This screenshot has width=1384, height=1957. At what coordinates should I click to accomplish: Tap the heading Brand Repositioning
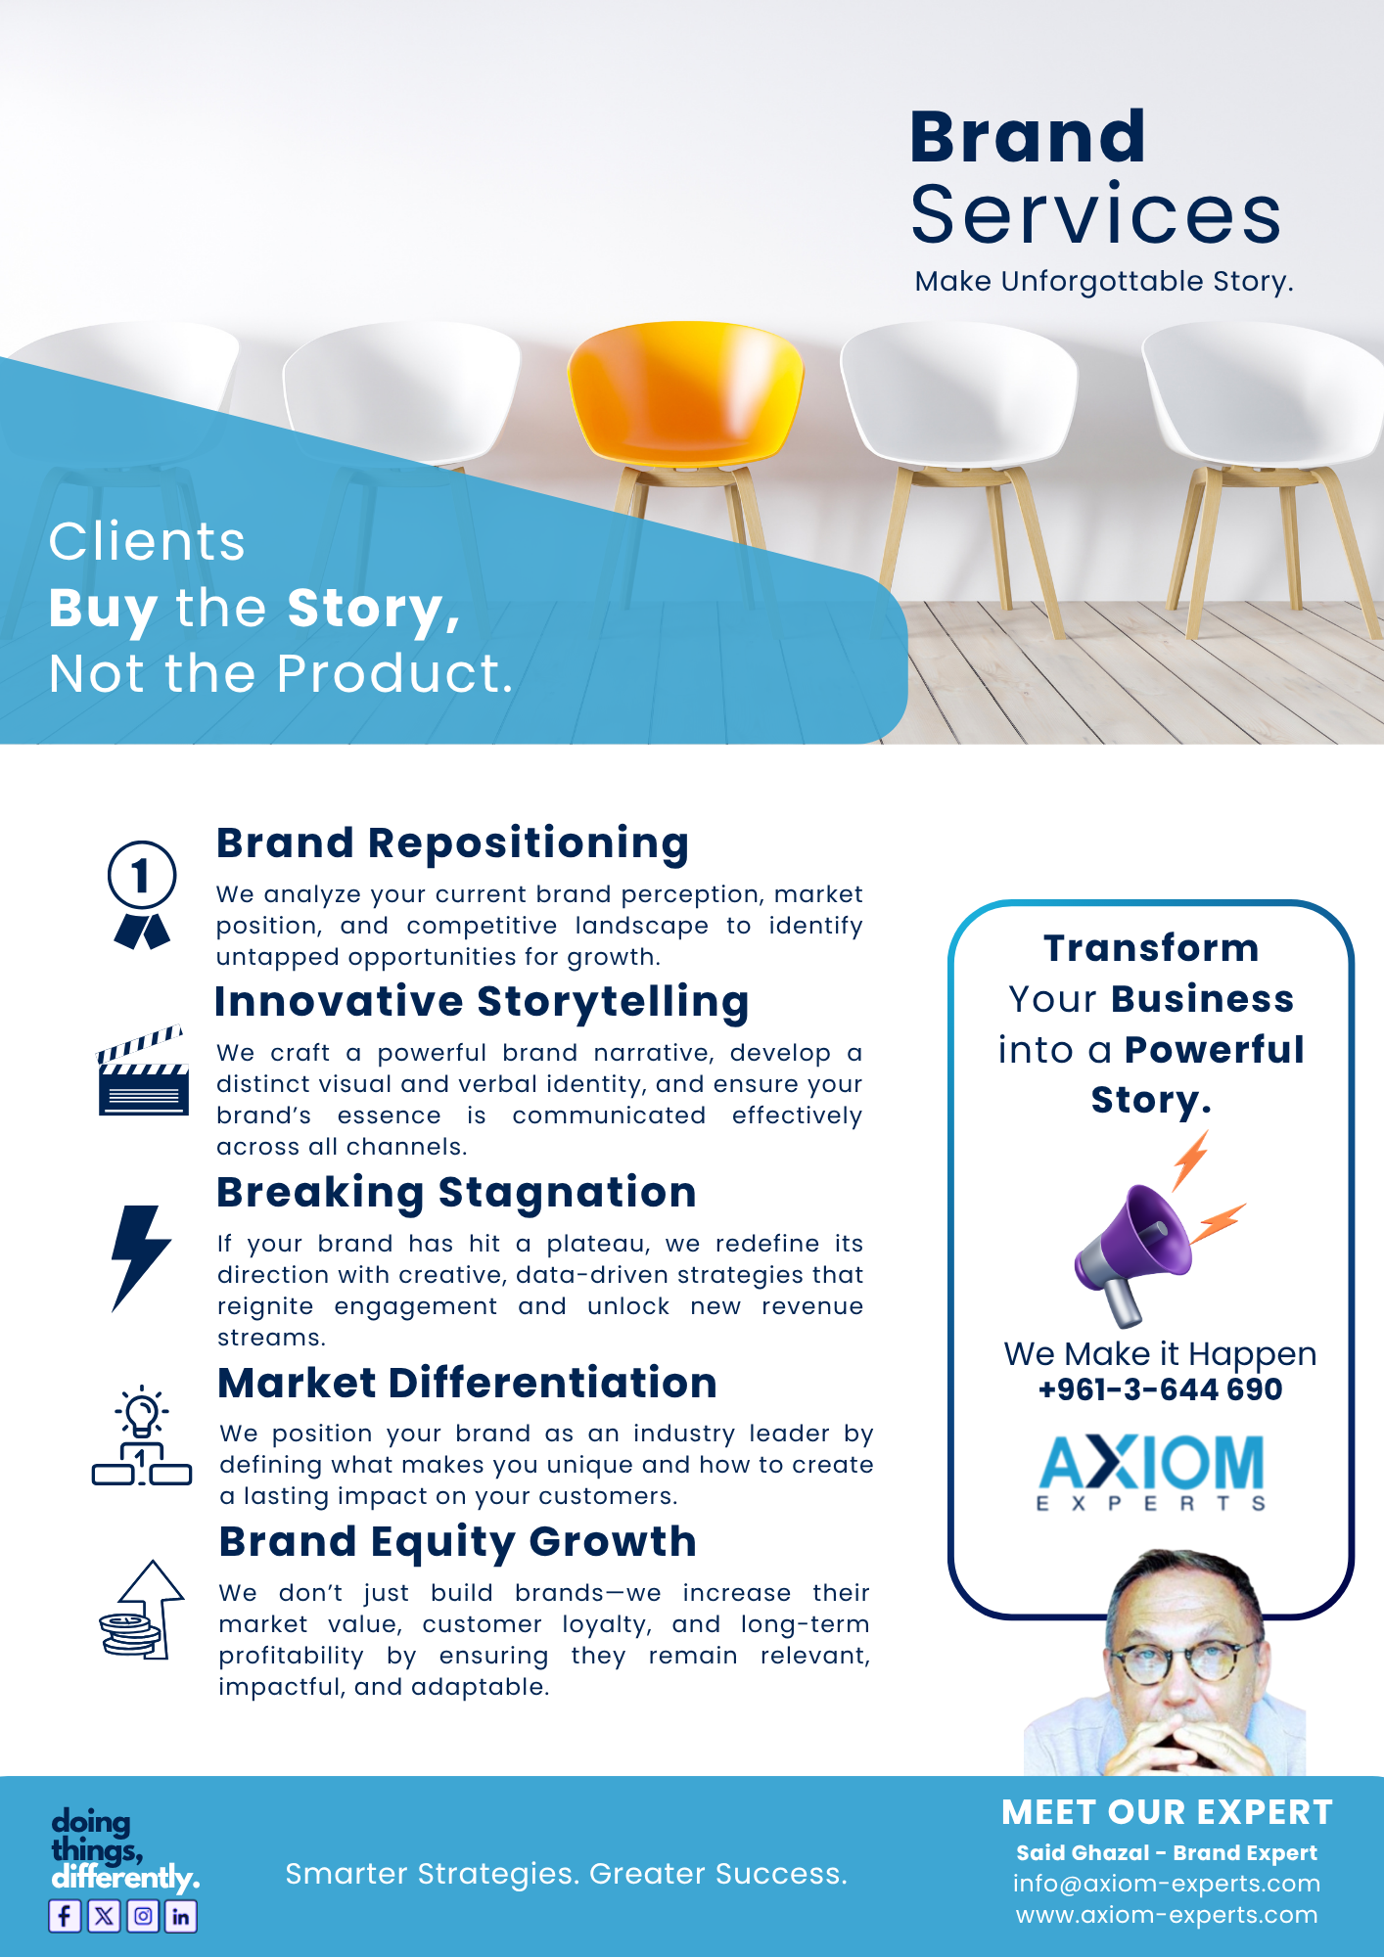(x=453, y=843)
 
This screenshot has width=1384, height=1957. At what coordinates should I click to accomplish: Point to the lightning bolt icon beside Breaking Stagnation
(x=141, y=1258)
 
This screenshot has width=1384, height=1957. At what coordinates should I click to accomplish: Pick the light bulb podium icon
(x=142, y=1436)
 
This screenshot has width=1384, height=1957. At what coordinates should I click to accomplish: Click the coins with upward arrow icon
(x=142, y=1610)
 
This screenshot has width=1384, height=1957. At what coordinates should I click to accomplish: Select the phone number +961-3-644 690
(x=1160, y=1389)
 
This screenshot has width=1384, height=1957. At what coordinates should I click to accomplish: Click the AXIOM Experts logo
(x=1151, y=1473)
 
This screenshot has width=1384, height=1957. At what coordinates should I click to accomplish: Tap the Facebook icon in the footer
(x=66, y=1916)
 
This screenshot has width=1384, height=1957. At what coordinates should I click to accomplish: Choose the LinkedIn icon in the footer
(x=181, y=1916)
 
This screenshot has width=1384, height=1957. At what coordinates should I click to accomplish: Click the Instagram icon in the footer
(x=143, y=1916)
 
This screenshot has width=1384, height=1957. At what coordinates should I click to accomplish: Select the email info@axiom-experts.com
(x=1167, y=1884)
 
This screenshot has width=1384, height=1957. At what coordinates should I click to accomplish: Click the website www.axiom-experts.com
(x=1167, y=1915)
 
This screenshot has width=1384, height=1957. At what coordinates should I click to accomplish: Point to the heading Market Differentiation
(x=468, y=1383)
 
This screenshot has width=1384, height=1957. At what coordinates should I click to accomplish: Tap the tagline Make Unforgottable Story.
(x=1104, y=282)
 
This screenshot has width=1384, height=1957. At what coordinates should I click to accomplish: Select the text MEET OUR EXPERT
(x=1167, y=1813)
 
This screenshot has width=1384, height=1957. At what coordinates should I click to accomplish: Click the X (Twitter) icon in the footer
(x=104, y=1916)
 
